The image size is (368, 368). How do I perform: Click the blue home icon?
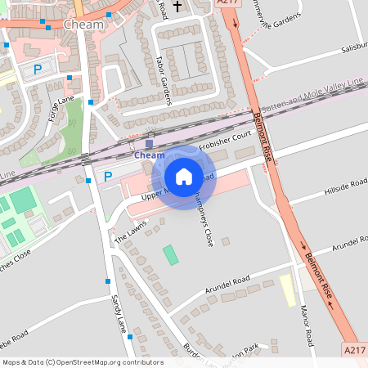click(184, 177)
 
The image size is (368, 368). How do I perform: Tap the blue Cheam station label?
click(149, 155)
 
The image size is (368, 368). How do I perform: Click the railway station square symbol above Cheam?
click(149, 144)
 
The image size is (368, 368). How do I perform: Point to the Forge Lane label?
click(61, 112)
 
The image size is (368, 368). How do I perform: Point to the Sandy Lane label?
click(119, 312)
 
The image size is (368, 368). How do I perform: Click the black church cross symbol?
click(177, 6)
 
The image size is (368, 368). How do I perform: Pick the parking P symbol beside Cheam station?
click(108, 176)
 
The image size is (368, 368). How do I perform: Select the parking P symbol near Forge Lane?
click(38, 70)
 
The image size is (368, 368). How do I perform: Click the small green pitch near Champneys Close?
click(170, 254)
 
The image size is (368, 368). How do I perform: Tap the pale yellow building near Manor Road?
click(288, 289)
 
